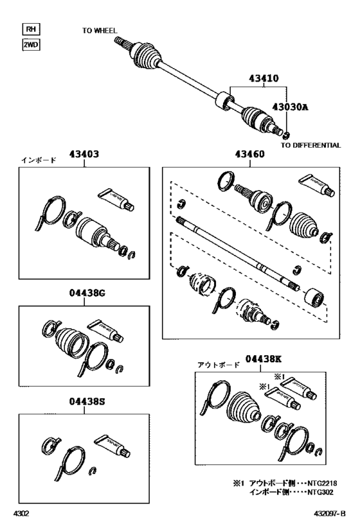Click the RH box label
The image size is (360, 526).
pos(30,29)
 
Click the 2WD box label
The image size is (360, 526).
pos(30,45)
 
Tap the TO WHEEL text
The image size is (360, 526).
pos(100,30)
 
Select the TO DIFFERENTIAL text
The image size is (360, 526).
pos(310,145)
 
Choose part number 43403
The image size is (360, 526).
pos(84,154)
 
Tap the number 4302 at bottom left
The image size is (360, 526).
pos(22,514)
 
